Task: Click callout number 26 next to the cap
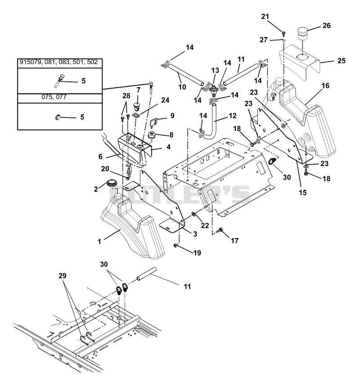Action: pos(326,25)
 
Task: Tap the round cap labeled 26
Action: pos(303,34)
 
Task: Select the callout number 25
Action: pos(342,60)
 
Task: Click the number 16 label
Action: pos(325,85)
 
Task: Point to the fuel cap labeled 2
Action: pos(111,184)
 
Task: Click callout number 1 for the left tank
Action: pos(99,241)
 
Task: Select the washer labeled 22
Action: pos(193,214)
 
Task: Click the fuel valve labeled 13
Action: pos(213,90)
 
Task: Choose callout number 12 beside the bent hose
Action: pos(232,116)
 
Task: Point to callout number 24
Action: pos(165,100)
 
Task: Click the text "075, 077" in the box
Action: pos(54,97)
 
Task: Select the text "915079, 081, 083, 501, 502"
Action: pos(58,62)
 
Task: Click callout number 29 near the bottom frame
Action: pos(63,276)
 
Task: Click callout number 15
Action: pos(303,192)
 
